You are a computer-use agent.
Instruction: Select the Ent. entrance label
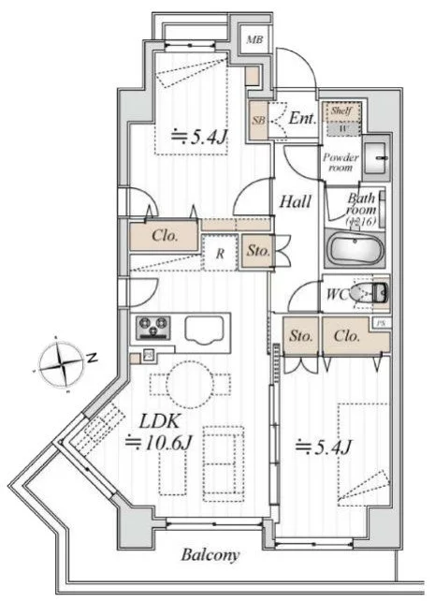301,119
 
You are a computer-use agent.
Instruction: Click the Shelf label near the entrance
338,111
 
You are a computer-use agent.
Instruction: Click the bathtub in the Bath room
354,252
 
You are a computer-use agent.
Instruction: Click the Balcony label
210,555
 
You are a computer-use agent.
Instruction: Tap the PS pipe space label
379,325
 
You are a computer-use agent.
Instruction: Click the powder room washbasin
378,158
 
